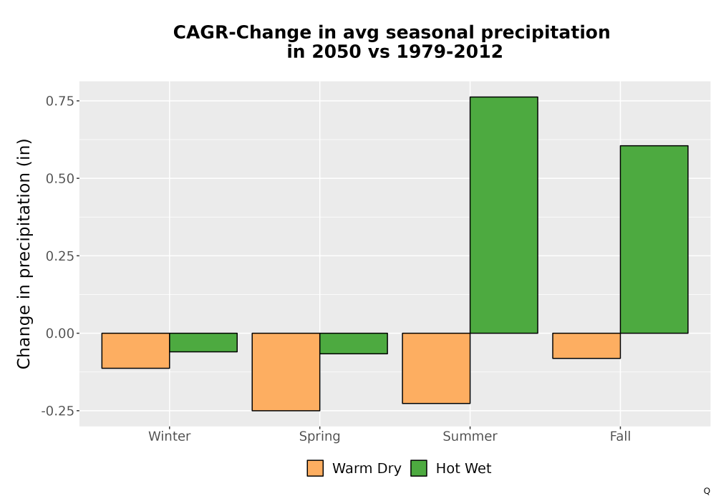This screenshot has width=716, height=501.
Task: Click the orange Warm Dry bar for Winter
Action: coord(135,351)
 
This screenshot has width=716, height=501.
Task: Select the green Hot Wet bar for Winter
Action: coord(203,342)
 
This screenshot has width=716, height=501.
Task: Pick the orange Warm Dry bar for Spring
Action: coord(286,372)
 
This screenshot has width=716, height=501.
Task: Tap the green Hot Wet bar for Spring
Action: coord(354,343)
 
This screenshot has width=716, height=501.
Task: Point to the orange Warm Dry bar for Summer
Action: coord(436,368)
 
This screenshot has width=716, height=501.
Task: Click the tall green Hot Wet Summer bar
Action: coord(503,215)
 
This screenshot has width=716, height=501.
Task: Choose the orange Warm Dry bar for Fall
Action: coord(586,346)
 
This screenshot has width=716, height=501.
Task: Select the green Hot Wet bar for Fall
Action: coord(654,240)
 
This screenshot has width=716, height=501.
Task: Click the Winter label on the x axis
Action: coord(170,436)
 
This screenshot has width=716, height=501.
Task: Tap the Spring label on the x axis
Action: coord(319,437)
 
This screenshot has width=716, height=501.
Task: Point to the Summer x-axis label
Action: coord(470,436)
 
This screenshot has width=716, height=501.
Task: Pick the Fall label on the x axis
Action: coord(620,436)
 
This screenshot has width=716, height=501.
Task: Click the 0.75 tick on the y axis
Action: coord(60,101)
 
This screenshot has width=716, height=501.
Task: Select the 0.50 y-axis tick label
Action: coord(60,178)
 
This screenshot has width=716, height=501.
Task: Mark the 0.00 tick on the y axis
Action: coord(60,334)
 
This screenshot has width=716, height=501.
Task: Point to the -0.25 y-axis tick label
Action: coord(57,411)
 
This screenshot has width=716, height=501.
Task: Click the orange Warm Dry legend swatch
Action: coord(315,468)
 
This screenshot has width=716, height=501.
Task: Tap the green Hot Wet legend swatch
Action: coord(419,468)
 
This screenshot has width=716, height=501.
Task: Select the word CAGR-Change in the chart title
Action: coord(243,32)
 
